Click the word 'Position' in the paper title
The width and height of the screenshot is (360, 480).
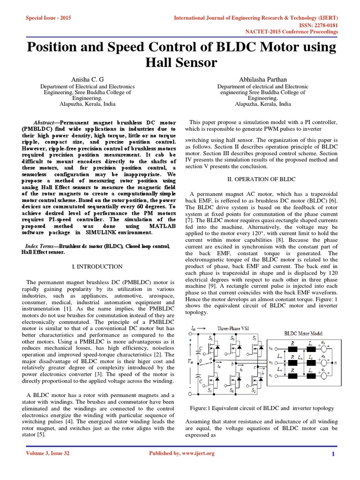pos(55,47)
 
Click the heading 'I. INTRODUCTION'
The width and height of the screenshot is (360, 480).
pos(97,267)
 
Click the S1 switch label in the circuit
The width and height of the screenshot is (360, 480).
pos(210,338)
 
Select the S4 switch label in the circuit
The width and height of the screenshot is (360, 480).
pos(210,390)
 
